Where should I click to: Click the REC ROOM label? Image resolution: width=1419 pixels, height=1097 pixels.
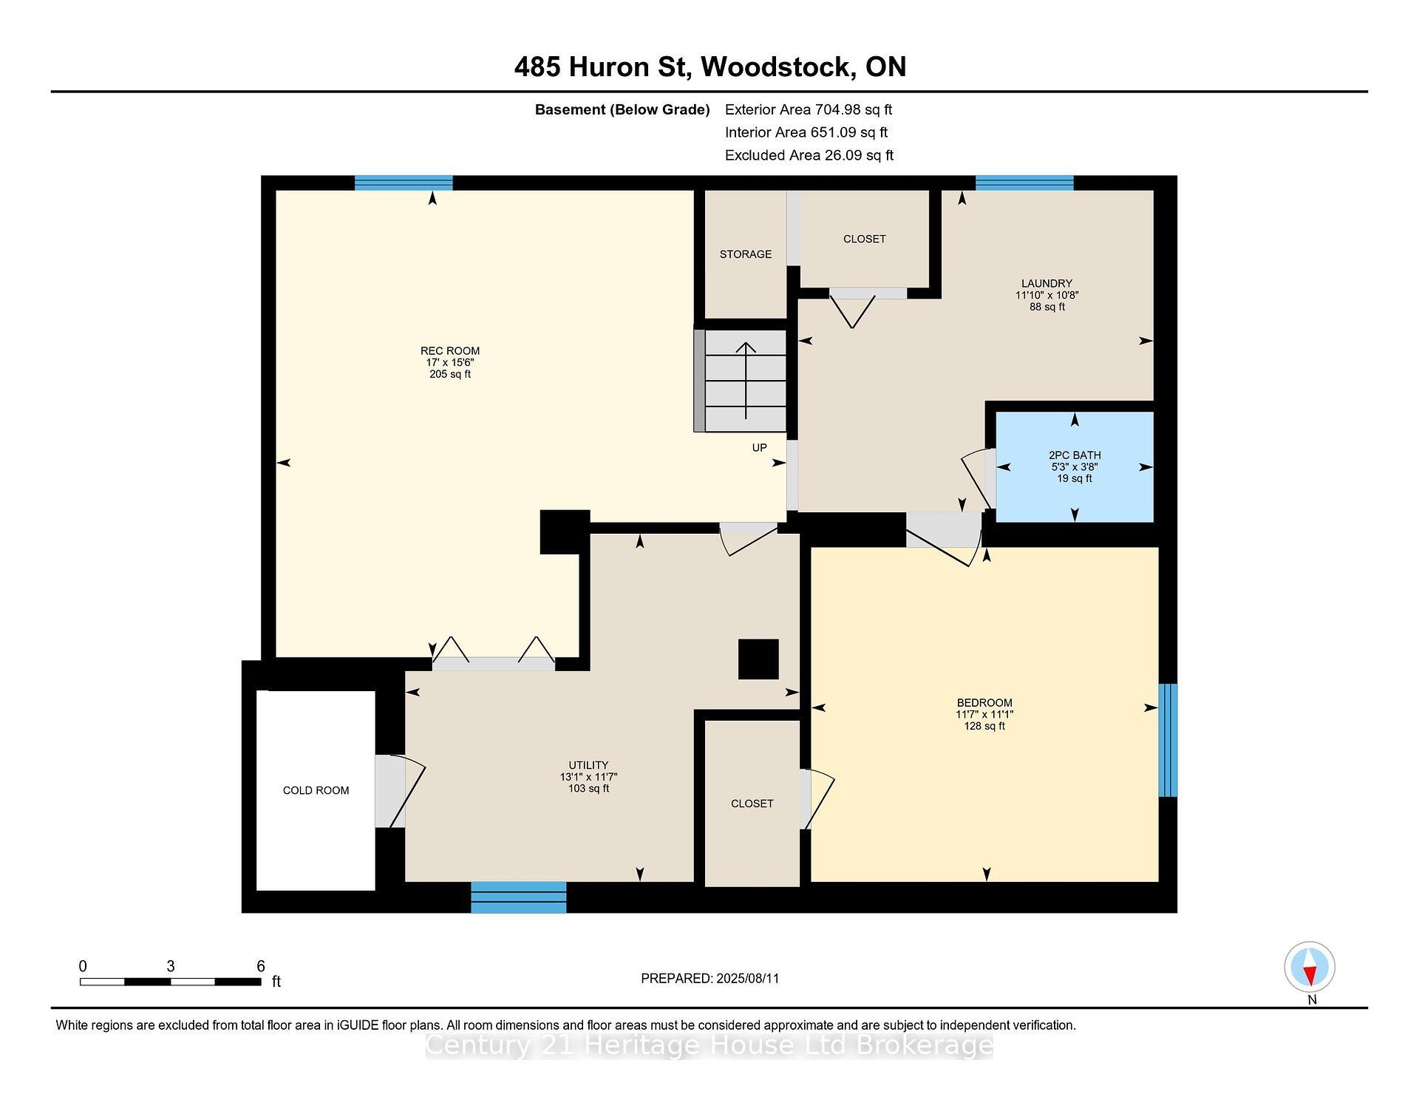tap(450, 351)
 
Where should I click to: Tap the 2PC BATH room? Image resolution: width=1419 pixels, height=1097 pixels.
tap(1075, 466)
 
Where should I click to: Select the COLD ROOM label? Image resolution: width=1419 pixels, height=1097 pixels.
tap(316, 790)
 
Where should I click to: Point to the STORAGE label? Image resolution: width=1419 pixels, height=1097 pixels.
tap(746, 254)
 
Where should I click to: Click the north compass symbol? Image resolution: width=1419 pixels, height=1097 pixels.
tap(1310, 967)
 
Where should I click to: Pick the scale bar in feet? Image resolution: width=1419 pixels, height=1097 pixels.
tap(171, 982)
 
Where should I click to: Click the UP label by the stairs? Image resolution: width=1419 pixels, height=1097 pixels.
tap(759, 447)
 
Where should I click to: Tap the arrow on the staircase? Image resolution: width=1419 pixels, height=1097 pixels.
tap(746, 381)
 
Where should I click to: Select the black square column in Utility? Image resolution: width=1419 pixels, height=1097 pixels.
tap(758, 659)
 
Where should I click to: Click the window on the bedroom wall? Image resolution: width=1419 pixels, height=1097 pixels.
tap(1168, 740)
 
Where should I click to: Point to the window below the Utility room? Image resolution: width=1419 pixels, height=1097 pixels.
tap(519, 897)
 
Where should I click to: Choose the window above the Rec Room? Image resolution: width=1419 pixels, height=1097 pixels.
tap(404, 183)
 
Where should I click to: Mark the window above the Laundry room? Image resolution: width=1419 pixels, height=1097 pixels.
tap(1024, 183)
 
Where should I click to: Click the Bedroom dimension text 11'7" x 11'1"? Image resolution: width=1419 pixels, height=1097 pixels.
tap(984, 715)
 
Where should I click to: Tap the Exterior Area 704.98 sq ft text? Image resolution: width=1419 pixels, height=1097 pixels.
tap(809, 110)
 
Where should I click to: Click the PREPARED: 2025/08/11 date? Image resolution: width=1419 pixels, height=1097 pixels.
tap(710, 979)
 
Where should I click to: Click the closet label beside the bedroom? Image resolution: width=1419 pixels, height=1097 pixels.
tap(752, 804)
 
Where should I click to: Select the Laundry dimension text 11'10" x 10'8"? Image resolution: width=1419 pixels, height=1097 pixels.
tap(1047, 295)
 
